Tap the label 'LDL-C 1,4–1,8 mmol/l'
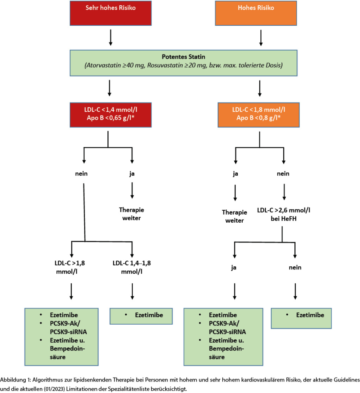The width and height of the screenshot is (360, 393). [x=132, y=267]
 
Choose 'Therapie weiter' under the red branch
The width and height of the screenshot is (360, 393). [x=132, y=214]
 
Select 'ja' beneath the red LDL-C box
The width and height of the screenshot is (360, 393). [x=132, y=173]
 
